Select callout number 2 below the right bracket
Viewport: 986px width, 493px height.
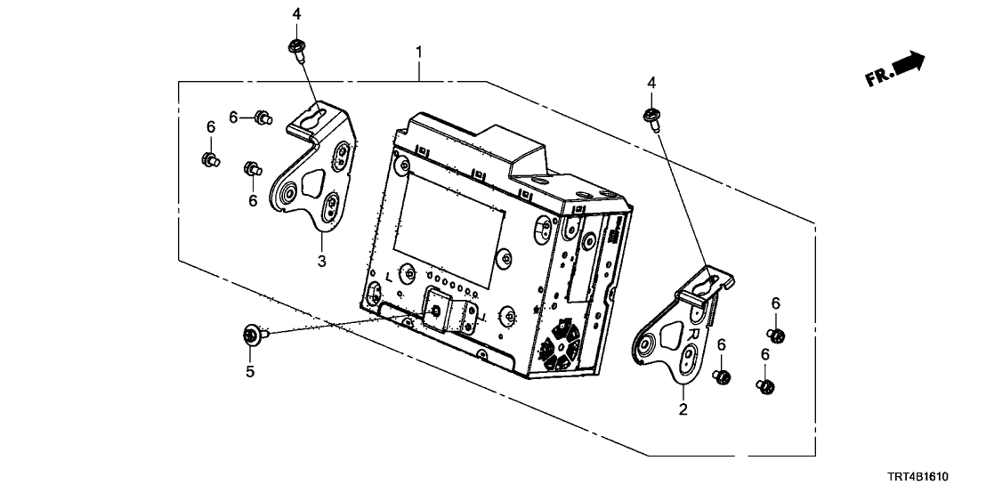click(683, 410)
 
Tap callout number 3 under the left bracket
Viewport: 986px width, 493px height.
click(322, 261)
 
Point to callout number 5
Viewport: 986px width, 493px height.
click(250, 371)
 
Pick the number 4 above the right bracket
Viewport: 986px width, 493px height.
click(651, 83)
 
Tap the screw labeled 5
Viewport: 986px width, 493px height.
click(250, 335)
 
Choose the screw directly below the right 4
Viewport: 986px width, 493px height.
click(651, 117)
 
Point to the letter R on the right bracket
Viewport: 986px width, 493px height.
click(696, 333)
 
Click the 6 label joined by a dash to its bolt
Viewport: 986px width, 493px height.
click(234, 117)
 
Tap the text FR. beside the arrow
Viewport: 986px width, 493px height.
click(877, 79)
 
